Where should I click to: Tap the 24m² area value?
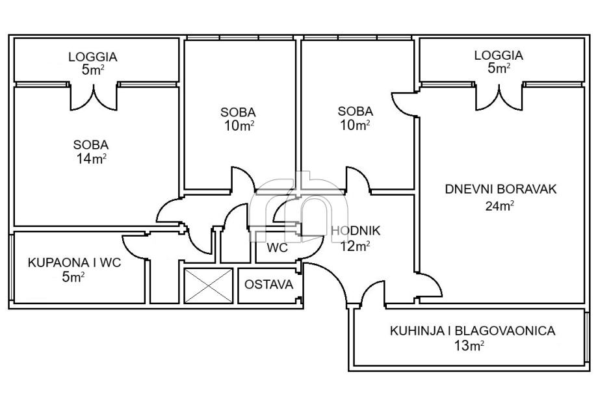point(500,207)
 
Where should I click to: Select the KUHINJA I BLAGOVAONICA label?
point(472,331)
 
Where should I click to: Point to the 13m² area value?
point(469,346)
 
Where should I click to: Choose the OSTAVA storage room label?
point(268,285)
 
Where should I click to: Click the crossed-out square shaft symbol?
point(208,285)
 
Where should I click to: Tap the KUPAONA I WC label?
point(74,263)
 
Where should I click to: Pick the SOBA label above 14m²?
point(91,145)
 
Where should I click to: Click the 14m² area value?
point(92,158)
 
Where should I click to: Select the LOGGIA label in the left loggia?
point(92,57)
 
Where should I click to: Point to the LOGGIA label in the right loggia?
point(499,55)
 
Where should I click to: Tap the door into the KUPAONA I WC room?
point(136,245)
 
